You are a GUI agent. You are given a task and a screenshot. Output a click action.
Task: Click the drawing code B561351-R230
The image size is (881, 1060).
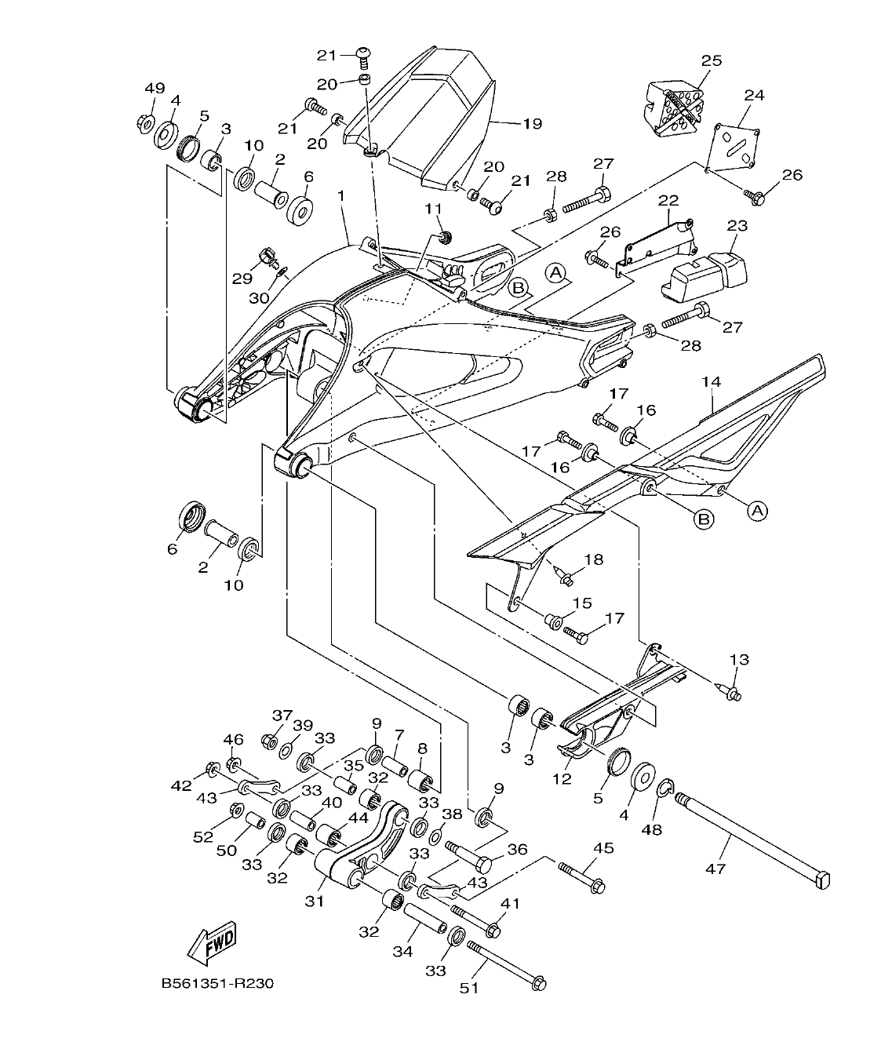tap(217, 983)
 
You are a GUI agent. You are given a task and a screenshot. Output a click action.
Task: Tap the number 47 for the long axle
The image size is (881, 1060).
tap(715, 869)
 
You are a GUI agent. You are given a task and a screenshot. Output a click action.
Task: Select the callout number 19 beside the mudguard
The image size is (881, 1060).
tap(533, 123)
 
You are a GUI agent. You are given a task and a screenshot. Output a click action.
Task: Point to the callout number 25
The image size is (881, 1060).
tap(712, 60)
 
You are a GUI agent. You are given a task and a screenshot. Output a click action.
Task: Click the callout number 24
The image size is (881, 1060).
tap(753, 95)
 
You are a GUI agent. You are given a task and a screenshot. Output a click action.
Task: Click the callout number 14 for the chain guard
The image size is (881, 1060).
tap(711, 382)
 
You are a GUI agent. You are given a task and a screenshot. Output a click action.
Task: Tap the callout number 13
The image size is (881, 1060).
tap(739, 660)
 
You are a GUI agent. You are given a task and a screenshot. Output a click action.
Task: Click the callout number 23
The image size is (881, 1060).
tap(737, 225)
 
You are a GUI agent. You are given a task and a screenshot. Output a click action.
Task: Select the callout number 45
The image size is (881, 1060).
tap(603, 848)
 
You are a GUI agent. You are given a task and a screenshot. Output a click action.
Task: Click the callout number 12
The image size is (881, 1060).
tap(562, 779)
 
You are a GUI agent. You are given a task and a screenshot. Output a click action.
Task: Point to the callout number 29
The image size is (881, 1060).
tap(240, 279)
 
